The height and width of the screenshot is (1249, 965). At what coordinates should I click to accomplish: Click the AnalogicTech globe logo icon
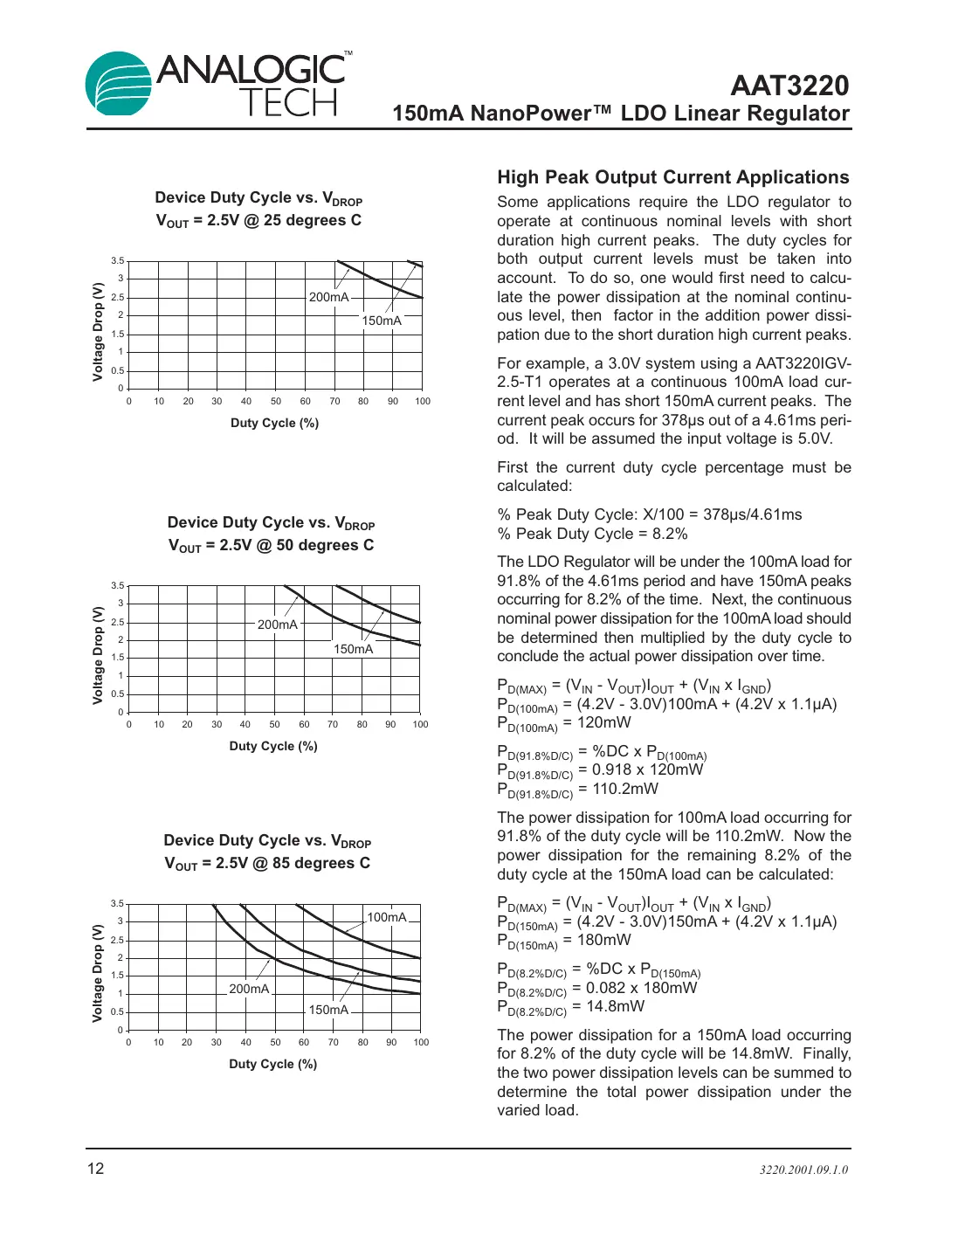120,84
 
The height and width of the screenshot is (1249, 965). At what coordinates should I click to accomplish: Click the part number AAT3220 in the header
789,86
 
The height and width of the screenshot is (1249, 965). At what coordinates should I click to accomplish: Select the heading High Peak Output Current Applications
672,177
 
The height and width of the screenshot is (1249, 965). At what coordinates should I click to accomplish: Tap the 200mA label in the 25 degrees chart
329,297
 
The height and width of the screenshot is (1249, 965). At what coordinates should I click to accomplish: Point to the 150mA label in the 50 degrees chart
353,649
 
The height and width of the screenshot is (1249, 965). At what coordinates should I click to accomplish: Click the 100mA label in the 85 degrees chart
387,917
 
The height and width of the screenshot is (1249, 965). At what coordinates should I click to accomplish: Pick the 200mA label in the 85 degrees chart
249,989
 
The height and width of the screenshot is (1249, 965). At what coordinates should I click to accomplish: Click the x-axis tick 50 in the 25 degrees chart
276,402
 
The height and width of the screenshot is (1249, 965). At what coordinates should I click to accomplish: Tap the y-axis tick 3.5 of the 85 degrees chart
117,903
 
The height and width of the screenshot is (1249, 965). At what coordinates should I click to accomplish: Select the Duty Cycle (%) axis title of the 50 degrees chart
273,746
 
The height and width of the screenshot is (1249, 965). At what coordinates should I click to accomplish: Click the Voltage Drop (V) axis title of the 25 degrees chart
98,331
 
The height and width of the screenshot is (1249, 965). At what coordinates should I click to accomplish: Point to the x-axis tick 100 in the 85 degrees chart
421,1042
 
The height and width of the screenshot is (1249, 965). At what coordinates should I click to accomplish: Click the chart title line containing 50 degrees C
271,546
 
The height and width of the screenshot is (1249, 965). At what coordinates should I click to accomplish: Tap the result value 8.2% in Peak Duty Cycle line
670,534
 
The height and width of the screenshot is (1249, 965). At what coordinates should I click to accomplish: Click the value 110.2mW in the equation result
625,789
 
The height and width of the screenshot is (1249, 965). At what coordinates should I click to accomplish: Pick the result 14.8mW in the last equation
615,1006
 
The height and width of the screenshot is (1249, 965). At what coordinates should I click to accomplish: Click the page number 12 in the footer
95,1169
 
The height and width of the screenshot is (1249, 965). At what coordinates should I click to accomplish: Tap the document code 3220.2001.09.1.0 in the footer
803,1170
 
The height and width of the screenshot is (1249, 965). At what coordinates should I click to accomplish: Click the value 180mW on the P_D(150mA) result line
603,940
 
